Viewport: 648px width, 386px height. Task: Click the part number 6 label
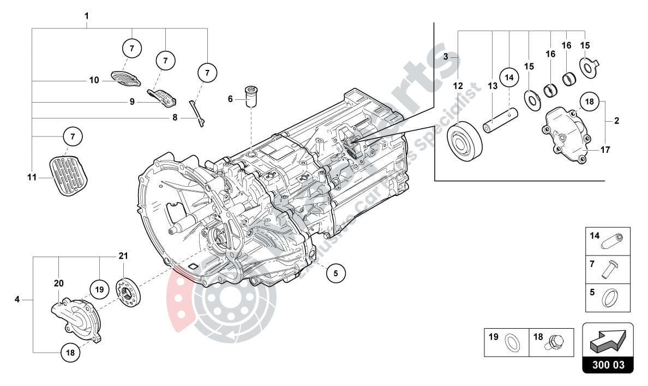tap(230, 99)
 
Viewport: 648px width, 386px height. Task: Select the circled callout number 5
tap(335, 273)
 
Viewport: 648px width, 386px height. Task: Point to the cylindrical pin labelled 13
tap(500, 121)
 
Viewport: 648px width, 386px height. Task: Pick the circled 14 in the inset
tap(509, 78)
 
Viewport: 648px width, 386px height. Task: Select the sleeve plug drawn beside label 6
tap(251, 96)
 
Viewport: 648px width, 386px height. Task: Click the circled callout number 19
tap(99, 289)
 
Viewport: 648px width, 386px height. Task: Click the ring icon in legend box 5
tap(609, 299)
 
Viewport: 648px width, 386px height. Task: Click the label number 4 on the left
tap(17, 299)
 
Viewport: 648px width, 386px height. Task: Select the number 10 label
tap(94, 80)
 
